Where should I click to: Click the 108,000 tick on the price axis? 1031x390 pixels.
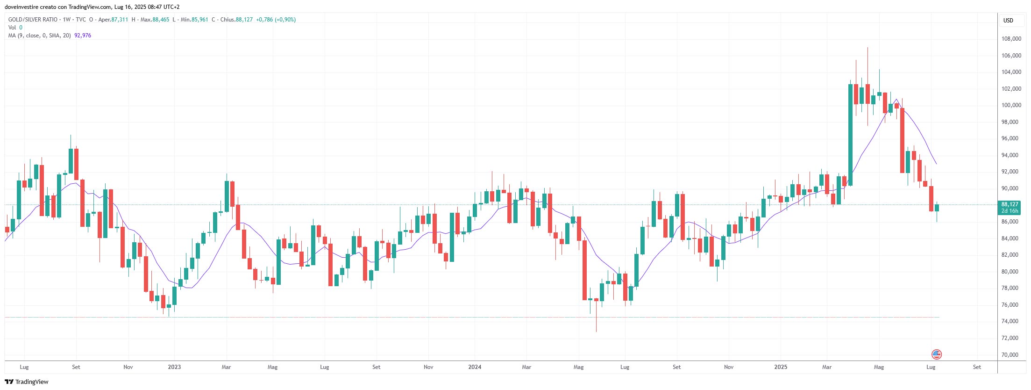(x=1011, y=39)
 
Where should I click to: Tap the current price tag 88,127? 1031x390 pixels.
(x=1010, y=204)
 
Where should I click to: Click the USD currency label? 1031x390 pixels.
(x=1008, y=20)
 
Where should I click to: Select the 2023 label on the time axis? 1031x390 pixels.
(x=174, y=367)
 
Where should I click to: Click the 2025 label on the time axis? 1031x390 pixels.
(x=781, y=367)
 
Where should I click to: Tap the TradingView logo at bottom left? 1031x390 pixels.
(x=27, y=382)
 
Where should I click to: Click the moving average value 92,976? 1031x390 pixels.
(x=83, y=36)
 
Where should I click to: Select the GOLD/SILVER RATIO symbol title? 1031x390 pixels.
(x=33, y=20)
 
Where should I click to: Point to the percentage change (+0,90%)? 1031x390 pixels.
(x=285, y=20)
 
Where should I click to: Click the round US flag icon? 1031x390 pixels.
(x=936, y=354)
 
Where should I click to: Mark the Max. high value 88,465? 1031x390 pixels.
(x=161, y=20)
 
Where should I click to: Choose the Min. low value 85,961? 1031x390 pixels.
(x=199, y=20)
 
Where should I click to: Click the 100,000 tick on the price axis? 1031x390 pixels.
(x=1011, y=105)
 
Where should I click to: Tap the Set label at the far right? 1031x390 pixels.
(x=977, y=367)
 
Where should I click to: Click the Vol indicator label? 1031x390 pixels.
(x=12, y=28)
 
